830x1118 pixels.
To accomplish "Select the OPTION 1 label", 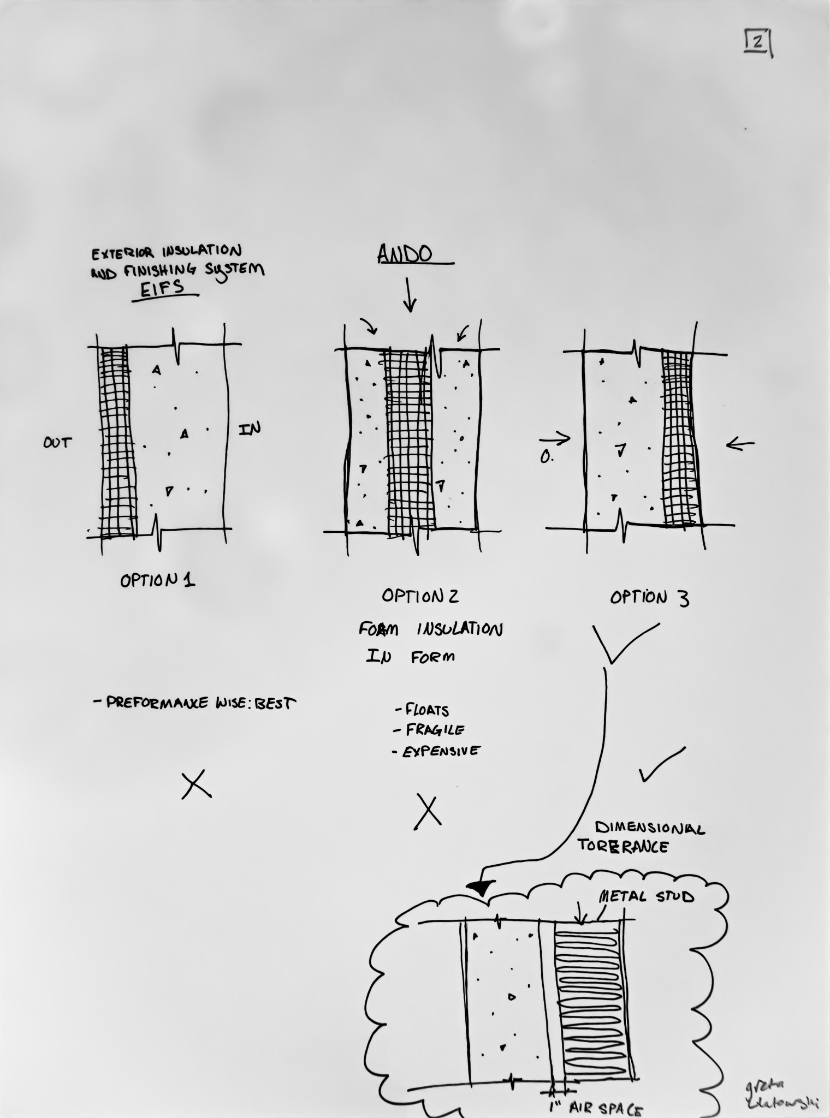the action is tap(157, 580).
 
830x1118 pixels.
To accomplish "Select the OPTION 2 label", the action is tap(420, 596).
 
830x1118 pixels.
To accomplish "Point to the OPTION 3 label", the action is tap(649, 598).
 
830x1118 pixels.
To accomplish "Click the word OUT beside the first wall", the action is tap(57, 442).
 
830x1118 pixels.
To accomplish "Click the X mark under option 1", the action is tap(196, 784).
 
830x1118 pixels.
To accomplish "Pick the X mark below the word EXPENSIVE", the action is tap(428, 812).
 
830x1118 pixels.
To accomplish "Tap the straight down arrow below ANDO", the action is tap(410, 295).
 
